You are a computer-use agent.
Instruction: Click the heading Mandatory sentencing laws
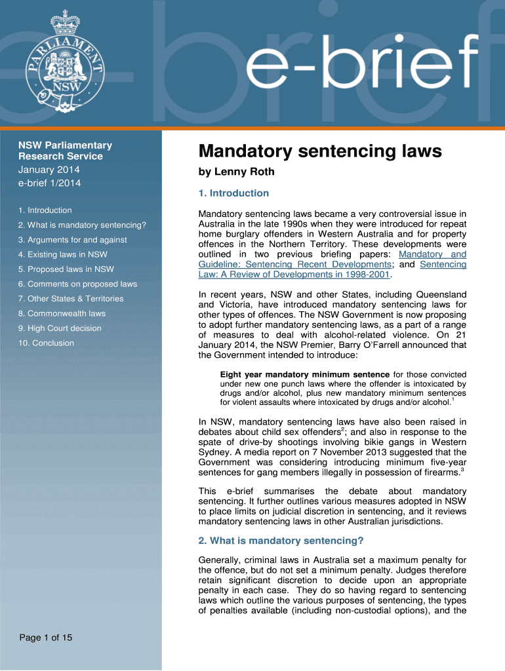pyautogui.click(x=320, y=152)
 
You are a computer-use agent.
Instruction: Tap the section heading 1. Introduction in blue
pyautogui.click(x=233, y=193)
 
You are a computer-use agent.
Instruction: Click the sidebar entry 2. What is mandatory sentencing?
pyautogui.click(x=82, y=225)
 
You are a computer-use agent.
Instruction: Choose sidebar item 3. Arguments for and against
pyautogui.click(x=73, y=240)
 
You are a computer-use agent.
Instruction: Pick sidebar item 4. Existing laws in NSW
pyautogui.click(x=63, y=255)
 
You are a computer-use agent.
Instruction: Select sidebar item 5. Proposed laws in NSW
pyautogui.click(x=66, y=269)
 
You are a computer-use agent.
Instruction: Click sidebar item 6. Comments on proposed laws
pyautogui.click(x=77, y=284)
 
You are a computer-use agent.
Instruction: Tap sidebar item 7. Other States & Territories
pyautogui.click(x=71, y=299)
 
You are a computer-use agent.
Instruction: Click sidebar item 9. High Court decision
pyautogui.click(x=60, y=328)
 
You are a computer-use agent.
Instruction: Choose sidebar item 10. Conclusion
pyautogui.click(x=46, y=343)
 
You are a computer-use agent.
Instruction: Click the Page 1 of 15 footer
pyautogui.click(x=45, y=638)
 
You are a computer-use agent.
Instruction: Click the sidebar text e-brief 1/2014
pyautogui.click(x=50, y=183)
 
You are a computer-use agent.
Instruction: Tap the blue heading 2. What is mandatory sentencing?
pyautogui.click(x=281, y=541)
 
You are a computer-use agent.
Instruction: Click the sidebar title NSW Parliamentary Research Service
pyautogui.click(x=65, y=151)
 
